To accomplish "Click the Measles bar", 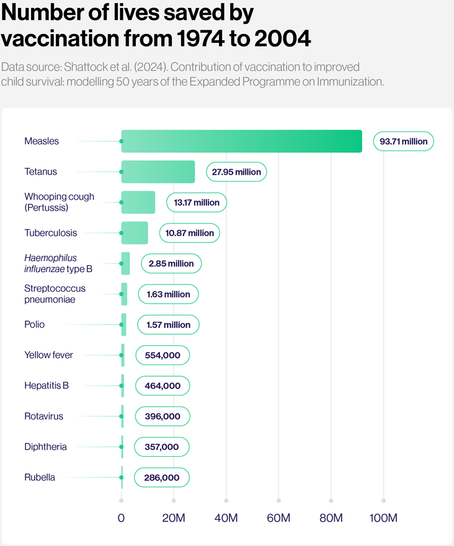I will pos(241,141).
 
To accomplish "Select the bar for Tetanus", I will pos(158,172).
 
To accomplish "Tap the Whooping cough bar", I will pos(138,202).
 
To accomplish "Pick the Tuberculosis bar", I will pos(135,233).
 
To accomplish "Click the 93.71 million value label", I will pos(404,141).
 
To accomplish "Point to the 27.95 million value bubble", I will pos(236,172).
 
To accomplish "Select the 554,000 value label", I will pos(163,355).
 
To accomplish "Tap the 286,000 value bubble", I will pos(162,477).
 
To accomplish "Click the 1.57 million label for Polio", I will pos(168,325).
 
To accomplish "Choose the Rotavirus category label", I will pos(43,416).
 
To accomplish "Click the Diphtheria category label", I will pos(45,447).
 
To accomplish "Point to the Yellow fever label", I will pos(48,355).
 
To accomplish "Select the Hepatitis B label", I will pos(47,385).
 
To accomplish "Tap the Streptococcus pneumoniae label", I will pos(55,294).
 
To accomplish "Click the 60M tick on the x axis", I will pos(278,518).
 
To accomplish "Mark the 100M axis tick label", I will pos(383,518).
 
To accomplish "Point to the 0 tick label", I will pos(121,518).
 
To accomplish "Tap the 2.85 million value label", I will pos(171,263).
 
